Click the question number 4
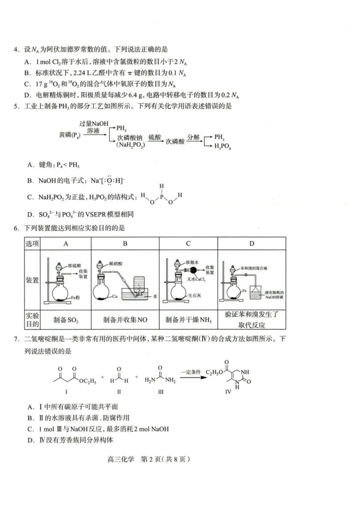16,50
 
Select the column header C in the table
188,244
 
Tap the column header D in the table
252,244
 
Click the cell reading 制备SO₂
66,320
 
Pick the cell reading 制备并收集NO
125,320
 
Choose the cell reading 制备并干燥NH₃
188,320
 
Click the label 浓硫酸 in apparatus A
74,265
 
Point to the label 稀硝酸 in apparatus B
116,263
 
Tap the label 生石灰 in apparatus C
195,295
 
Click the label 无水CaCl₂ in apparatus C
196,279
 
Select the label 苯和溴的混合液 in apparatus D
254,268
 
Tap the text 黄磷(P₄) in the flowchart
69,135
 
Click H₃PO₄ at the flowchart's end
222,146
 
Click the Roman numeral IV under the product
228,392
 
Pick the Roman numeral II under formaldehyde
119,392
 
